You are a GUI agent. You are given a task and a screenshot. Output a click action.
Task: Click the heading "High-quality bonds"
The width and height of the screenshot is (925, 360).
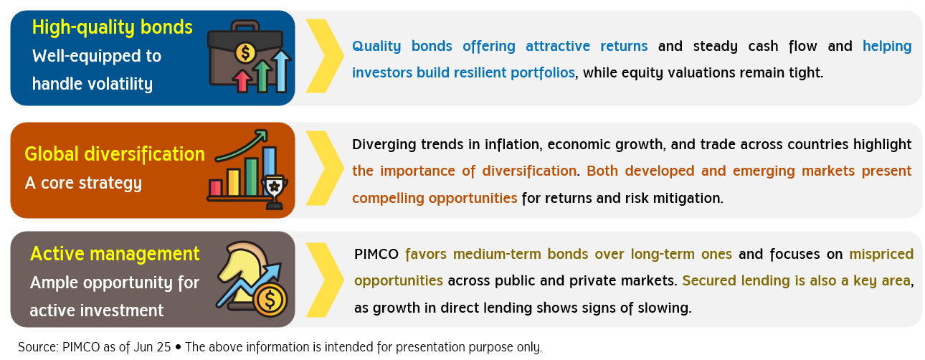coord(113,27)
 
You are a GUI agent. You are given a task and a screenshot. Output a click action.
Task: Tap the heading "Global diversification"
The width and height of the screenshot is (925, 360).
coord(115,154)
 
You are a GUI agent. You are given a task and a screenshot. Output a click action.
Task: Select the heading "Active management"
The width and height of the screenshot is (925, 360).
coord(115,253)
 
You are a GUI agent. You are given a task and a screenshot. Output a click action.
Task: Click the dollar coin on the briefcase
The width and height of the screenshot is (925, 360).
coord(245,52)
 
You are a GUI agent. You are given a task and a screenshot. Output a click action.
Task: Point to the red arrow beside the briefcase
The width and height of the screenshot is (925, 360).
coord(242,81)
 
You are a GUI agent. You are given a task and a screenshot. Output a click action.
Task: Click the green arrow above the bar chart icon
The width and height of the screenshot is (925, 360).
coord(242,146)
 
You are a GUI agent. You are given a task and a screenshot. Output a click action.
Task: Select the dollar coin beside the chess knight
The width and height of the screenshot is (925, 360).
coord(270,300)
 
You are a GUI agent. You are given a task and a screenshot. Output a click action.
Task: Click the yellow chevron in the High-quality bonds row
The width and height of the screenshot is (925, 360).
coord(325,56)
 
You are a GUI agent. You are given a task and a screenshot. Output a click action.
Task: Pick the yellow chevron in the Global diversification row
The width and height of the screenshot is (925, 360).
coord(325,168)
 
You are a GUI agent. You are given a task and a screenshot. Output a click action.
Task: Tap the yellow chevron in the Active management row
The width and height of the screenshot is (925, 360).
coord(325,280)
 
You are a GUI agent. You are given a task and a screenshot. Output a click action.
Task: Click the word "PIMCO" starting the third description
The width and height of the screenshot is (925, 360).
coord(376,254)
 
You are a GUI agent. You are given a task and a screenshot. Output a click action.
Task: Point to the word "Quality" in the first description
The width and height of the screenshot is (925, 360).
coord(376,46)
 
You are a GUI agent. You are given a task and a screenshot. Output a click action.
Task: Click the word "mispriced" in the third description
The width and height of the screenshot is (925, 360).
coord(881,255)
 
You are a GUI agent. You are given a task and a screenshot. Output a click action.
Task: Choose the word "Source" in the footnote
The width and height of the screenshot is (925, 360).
coord(37,347)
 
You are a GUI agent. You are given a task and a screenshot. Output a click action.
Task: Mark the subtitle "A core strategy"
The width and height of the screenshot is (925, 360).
coord(83,183)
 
